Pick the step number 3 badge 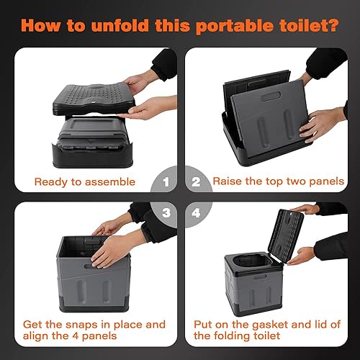[x=166, y=213]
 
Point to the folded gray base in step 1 [x=90, y=140]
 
